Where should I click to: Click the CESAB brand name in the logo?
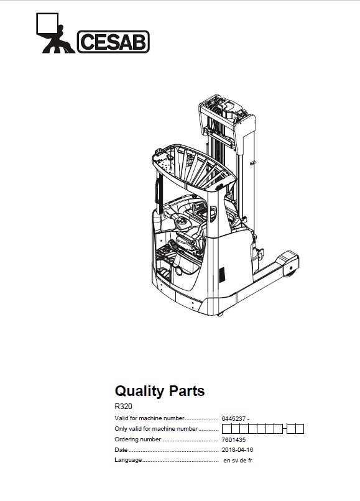[113, 42]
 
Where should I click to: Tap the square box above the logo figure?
[47, 24]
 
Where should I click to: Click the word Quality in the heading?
[139, 391]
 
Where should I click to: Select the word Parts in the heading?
[187, 391]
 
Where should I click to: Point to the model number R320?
[123, 407]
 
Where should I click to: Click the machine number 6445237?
[233, 418]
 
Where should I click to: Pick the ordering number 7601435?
[233, 439]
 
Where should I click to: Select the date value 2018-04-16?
[238, 450]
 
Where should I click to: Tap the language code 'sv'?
[234, 461]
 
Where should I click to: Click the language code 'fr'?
[250, 461]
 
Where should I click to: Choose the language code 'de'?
[242, 461]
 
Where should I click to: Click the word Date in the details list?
[121, 450]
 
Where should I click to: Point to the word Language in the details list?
[128, 460]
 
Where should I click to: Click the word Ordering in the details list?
[128, 439]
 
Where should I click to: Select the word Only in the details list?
[121, 429]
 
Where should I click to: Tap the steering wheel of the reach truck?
[182, 221]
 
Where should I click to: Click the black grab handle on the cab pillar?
[159, 192]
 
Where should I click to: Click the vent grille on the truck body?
[221, 274]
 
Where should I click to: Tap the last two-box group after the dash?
[295, 429]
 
